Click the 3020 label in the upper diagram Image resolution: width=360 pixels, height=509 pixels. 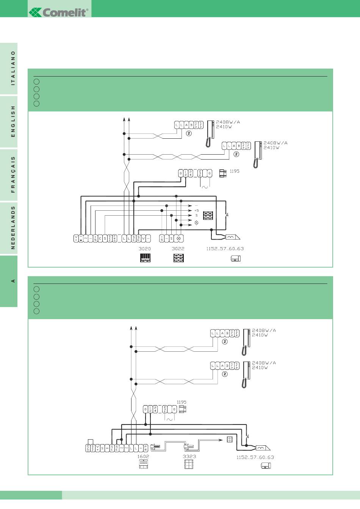click(x=145, y=249)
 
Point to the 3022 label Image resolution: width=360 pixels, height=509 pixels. click(x=178, y=249)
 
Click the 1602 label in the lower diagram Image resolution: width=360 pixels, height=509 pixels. click(x=143, y=456)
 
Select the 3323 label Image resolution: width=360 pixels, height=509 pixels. click(x=189, y=456)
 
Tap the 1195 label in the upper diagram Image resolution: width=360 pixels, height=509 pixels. click(x=235, y=171)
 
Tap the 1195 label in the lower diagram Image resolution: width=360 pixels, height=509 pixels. click(x=182, y=402)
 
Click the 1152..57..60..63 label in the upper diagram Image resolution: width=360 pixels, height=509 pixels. click(x=225, y=249)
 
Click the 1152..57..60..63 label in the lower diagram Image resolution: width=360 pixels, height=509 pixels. click(x=255, y=457)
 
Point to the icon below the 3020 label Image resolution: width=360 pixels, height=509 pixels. click(x=145, y=258)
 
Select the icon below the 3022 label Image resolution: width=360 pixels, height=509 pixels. click(x=178, y=258)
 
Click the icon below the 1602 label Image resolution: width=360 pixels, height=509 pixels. click(x=143, y=464)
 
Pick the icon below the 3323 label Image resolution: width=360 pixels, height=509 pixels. click(x=189, y=464)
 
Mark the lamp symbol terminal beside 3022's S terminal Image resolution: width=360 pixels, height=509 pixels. click(x=178, y=238)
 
